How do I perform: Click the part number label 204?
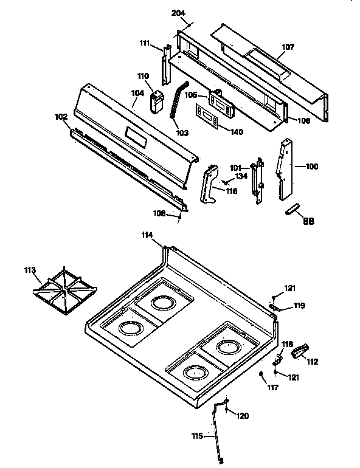179,13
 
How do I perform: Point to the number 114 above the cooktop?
147,235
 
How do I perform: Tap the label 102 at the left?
61,117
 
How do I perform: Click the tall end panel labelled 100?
286,170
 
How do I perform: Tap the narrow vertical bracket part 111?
165,66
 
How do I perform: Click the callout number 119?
299,305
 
